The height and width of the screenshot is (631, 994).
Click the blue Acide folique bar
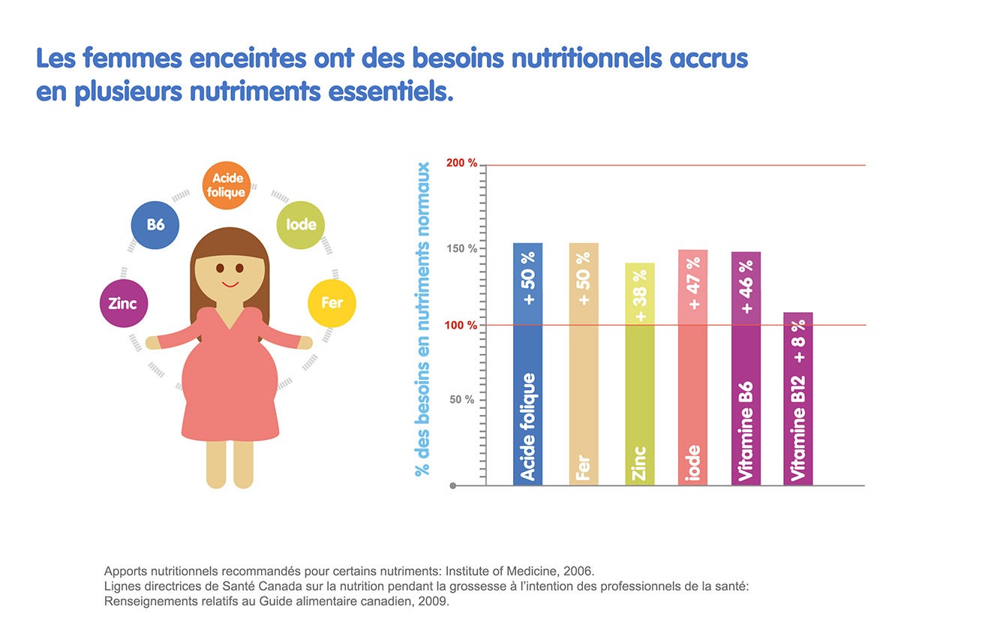click(527, 364)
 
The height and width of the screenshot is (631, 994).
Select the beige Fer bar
click(584, 364)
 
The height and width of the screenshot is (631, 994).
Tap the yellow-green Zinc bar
click(639, 375)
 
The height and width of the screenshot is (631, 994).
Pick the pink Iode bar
click(692, 368)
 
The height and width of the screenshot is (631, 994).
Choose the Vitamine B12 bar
click(798, 398)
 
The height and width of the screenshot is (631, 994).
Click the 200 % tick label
click(461, 164)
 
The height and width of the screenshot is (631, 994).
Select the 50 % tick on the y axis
click(461, 400)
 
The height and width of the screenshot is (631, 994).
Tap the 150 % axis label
click(462, 249)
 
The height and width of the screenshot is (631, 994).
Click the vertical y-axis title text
click(423, 319)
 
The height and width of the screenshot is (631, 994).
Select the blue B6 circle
click(155, 224)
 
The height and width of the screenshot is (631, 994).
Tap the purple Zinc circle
click(123, 304)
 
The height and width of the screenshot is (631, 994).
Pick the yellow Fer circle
click(332, 303)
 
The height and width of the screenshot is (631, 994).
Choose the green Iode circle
click(300, 224)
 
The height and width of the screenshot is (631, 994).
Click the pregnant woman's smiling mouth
click(230, 284)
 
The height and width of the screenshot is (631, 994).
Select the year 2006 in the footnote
click(579, 571)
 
